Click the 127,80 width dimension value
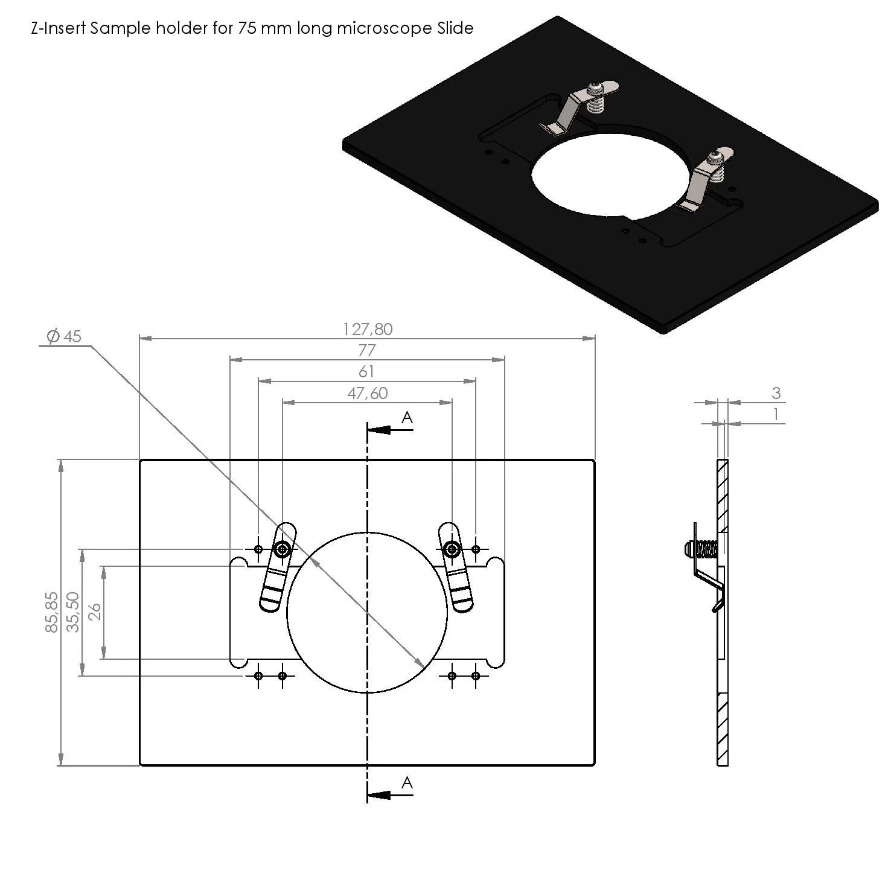click(368, 329)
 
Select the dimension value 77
click(367, 350)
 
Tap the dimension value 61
click(366, 371)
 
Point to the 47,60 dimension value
click(367, 393)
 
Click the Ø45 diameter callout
click(64, 336)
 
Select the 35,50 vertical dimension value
click(72, 612)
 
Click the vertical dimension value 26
click(95, 612)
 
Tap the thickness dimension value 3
click(776, 393)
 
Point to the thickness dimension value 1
click(776, 415)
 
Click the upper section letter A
click(407, 417)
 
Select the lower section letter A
click(407, 783)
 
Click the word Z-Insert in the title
click(58, 28)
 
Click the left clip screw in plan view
click(282, 549)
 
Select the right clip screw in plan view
click(451, 549)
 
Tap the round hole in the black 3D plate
click(610, 175)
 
